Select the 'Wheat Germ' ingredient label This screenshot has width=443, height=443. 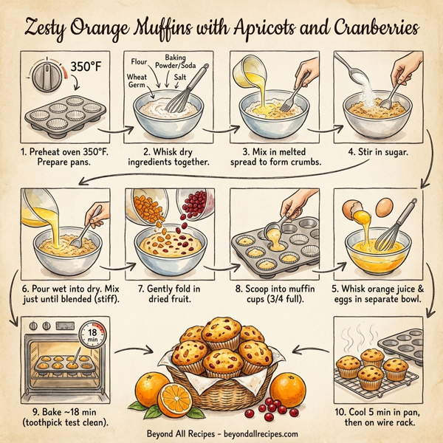[x=138, y=80]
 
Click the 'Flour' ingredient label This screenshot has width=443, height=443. [x=142, y=61]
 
